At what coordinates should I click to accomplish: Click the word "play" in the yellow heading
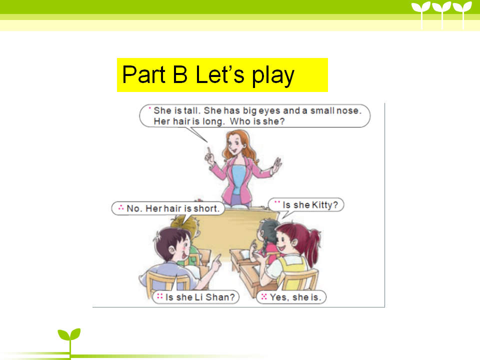273,75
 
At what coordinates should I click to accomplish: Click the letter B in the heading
180,74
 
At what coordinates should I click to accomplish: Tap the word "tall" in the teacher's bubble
191,110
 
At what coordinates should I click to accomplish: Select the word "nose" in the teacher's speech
348,110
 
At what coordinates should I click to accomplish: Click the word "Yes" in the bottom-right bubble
278,297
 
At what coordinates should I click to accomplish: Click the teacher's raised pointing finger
209,151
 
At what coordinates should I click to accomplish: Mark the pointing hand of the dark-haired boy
216,262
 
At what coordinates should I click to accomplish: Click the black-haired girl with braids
267,239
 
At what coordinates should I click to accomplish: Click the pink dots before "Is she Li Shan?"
160,296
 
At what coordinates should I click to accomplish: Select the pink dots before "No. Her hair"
121,207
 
